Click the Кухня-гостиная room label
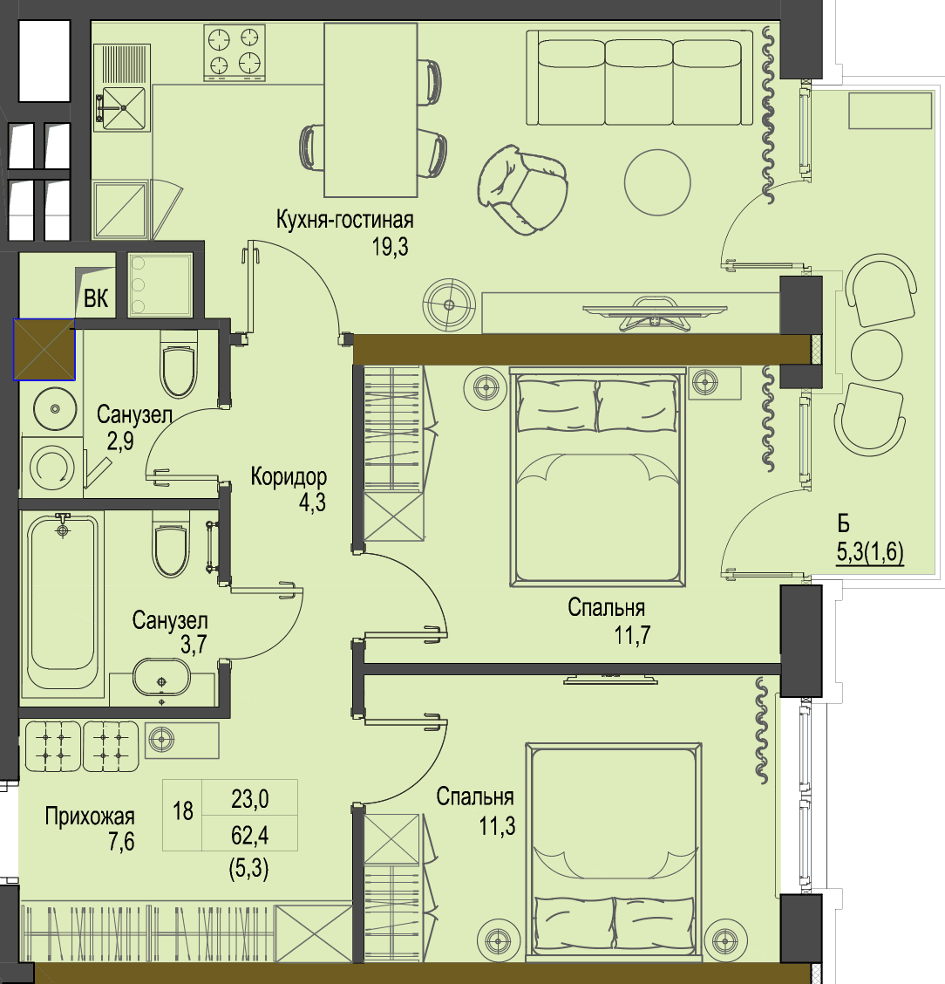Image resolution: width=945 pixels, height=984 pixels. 345,221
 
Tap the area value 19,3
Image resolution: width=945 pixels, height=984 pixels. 390,247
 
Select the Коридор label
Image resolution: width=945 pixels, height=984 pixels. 289,477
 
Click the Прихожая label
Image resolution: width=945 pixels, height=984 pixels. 90,817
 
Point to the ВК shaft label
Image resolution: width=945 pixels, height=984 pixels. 96,298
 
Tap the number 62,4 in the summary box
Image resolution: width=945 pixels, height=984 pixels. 249,836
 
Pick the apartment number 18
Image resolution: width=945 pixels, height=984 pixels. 183,810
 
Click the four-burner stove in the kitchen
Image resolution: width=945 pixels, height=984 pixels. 235,52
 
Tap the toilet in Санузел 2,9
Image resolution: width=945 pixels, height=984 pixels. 179,364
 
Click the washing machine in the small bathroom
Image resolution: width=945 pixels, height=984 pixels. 52,468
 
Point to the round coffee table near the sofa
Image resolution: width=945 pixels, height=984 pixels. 657,182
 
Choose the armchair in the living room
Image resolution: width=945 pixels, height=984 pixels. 523,189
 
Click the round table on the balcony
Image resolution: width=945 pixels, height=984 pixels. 877,354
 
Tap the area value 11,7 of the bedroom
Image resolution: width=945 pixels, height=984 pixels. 632,635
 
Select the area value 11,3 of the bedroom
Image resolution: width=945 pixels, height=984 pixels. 497,826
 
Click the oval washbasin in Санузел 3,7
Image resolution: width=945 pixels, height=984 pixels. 161,678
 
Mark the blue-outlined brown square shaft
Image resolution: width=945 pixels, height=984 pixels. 44,350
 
